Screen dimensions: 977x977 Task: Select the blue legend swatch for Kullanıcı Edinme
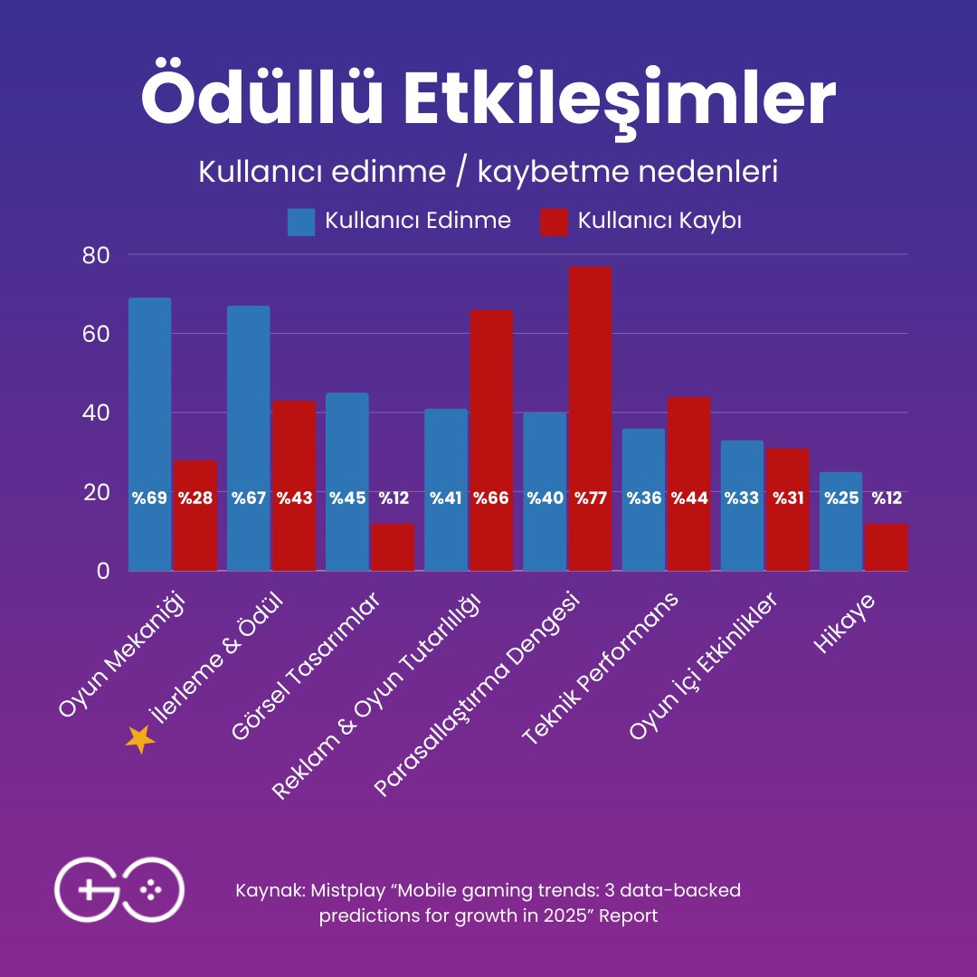coord(301,222)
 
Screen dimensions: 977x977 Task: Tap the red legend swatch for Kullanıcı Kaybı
coord(554,222)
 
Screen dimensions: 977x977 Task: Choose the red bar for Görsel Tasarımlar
coord(393,547)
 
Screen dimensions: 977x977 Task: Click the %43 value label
coord(294,498)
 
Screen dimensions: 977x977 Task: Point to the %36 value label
coord(643,498)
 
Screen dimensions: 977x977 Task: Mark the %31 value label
coord(787,498)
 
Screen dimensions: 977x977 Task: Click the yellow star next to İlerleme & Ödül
coord(140,739)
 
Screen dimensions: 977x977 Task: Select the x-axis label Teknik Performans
coord(601,671)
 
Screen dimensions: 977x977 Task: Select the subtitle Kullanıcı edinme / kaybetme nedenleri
coord(488,172)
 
